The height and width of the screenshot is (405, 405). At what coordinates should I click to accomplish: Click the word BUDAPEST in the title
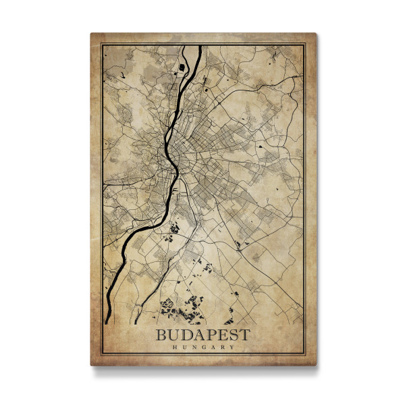click(x=202, y=335)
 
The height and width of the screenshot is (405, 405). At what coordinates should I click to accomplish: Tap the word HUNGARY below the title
click(x=203, y=348)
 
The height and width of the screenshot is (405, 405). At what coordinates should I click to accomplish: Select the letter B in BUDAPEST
click(x=162, y=335)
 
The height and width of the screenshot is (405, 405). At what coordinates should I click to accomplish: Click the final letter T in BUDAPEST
click(x=244, y=335)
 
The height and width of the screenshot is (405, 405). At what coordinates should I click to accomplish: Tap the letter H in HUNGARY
click(x=174, y=348)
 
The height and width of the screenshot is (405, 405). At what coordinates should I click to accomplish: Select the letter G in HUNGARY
click(x=203, y=348)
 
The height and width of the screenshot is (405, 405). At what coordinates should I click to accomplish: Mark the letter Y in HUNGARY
click(x=232, y=348)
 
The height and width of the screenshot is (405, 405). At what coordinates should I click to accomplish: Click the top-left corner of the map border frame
click(x=101, y=44)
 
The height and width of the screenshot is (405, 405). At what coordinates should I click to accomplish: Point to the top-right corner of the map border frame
click(x=304, y=44)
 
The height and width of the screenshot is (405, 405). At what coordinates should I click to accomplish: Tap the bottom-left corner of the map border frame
click(x=101, y=355)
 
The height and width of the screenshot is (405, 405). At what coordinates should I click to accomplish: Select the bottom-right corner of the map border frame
click(x=304, y=355)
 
